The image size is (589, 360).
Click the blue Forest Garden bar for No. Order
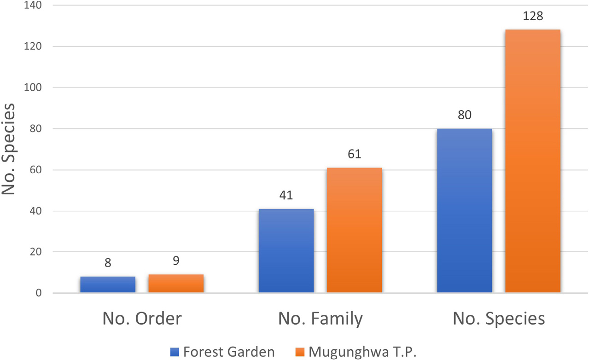108,285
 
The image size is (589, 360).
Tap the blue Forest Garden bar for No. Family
286,251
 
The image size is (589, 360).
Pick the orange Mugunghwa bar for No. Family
354,230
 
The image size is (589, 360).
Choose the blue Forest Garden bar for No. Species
464,211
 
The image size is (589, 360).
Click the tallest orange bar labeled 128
533,161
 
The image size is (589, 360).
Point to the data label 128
533,17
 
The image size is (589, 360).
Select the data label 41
286,196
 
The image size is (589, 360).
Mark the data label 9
176,261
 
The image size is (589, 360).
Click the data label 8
108,263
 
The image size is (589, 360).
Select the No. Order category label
142,319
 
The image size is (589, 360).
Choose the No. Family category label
320,319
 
